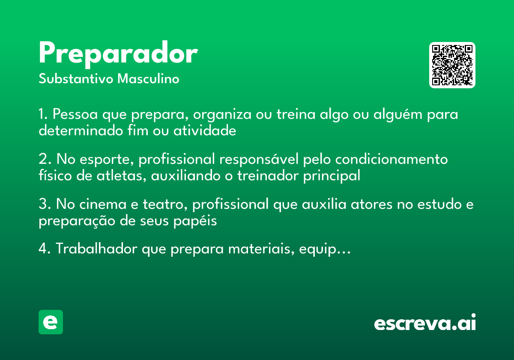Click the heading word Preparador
(118, 54)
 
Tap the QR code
(452, 65)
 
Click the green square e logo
(51, 322)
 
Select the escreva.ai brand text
(424, 323)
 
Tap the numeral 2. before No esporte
(45, 159)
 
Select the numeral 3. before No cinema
(45, 204)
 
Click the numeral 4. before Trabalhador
(45, 249)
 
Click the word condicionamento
(391, 159)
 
